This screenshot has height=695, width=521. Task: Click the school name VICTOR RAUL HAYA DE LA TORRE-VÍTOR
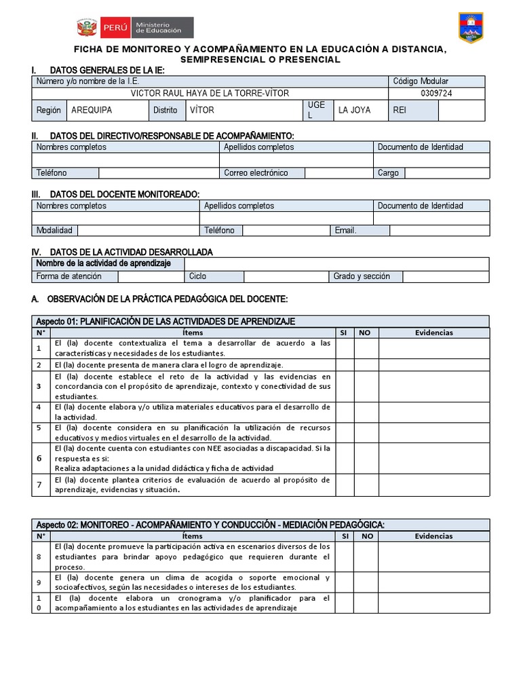[210, 93]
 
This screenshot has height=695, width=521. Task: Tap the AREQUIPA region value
[92, 110]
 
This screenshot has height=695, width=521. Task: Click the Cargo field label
[388, 173]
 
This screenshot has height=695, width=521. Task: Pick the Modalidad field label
[54, 230]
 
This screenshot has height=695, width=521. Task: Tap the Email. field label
[345, 230]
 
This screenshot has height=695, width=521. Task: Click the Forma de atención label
[69, 276]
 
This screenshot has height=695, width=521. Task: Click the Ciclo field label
[197, 276]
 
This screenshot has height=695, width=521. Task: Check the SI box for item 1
[345, 348]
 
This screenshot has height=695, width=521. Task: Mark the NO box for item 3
[366, 386]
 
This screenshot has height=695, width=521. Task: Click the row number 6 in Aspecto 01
[39, 458]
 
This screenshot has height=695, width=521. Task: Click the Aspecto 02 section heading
[209, 525]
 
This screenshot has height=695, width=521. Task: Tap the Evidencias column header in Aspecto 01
[433, 333]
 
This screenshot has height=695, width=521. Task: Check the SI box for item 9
[345, 582]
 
